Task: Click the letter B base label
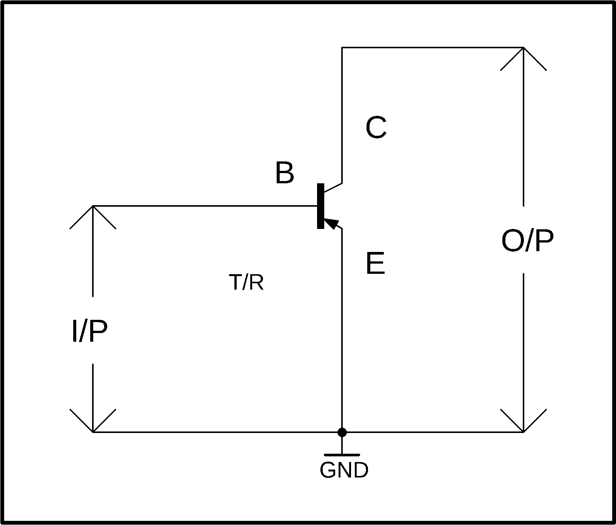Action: [285, 173]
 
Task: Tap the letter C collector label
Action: [376, 127]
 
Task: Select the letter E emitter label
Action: [375, 264]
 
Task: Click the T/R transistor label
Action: [246, 282]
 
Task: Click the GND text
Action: [344, 470]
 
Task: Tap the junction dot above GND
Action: [342, 432]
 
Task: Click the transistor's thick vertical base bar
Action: [321, 206]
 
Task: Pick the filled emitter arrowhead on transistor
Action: [331, 223]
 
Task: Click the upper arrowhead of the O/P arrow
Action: [524, 59]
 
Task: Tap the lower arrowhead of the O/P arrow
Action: [524, 421]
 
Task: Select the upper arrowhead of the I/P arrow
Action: [93, 217]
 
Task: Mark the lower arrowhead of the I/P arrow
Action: [93, 421]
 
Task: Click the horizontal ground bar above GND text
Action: [342, 455]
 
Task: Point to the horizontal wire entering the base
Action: [205, 206]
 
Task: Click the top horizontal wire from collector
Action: [433, 48]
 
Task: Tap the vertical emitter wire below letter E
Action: [342, 330]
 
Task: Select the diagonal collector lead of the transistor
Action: [333, 187]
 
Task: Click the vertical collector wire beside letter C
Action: [342, 115]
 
